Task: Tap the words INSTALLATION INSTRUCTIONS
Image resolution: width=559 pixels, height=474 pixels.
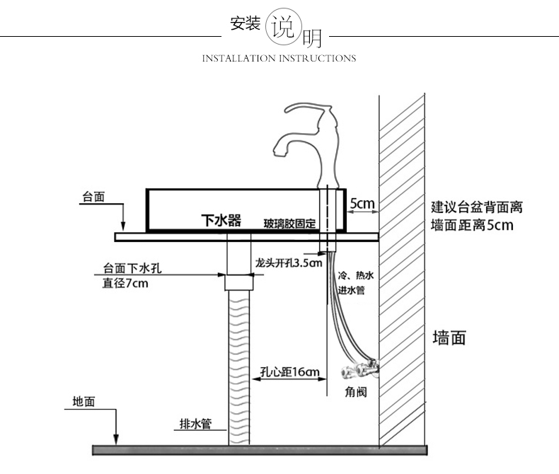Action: (279, 58)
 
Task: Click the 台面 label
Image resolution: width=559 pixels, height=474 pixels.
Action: (93, 197)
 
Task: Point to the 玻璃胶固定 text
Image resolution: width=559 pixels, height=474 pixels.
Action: (289, 224)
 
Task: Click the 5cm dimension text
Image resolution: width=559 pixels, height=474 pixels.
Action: (362, 204)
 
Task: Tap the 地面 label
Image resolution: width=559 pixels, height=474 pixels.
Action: (83, 402)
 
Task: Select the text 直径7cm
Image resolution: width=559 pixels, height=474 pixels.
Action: (125, 284)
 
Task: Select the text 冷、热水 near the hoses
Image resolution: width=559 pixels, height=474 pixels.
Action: (354, 276)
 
